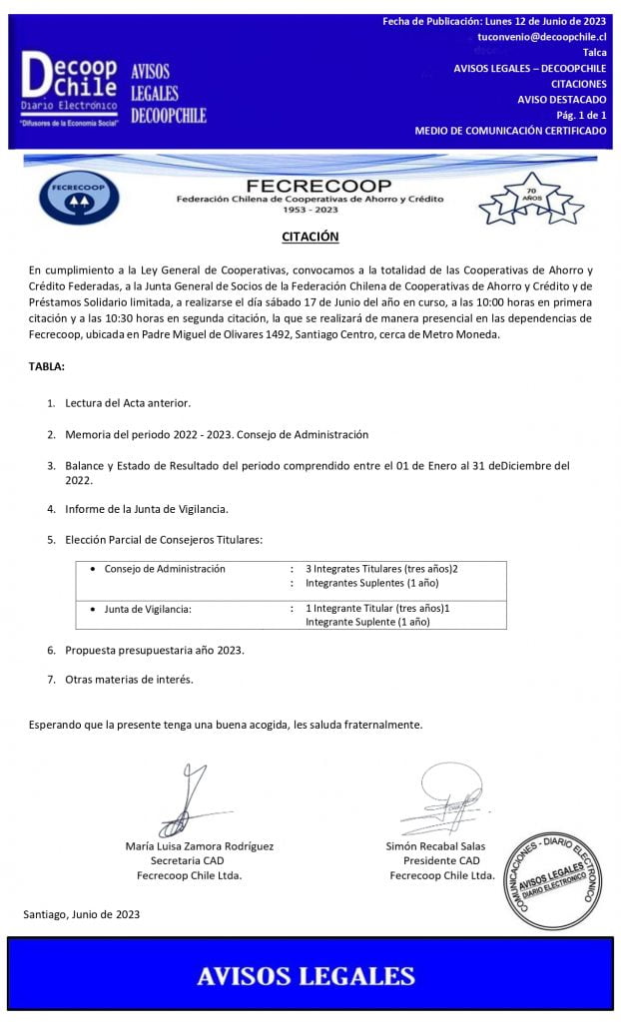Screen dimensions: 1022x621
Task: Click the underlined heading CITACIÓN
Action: click(x=310, y=237)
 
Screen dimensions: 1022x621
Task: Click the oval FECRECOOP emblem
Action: click(x=79, y=197)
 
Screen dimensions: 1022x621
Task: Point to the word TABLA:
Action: click(x=46, y=366)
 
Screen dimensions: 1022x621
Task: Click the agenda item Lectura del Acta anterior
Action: click(x=128, y=402)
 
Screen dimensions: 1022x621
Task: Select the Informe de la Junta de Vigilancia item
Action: click(x=147, y=508)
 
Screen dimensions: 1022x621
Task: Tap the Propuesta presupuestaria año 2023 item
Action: click(x=155, y=649)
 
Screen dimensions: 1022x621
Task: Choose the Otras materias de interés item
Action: click(x=129, y=679)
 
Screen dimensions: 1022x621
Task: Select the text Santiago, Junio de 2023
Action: click(x=81, y=913)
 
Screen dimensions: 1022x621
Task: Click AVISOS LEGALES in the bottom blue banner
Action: click(x=306, y=974)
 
